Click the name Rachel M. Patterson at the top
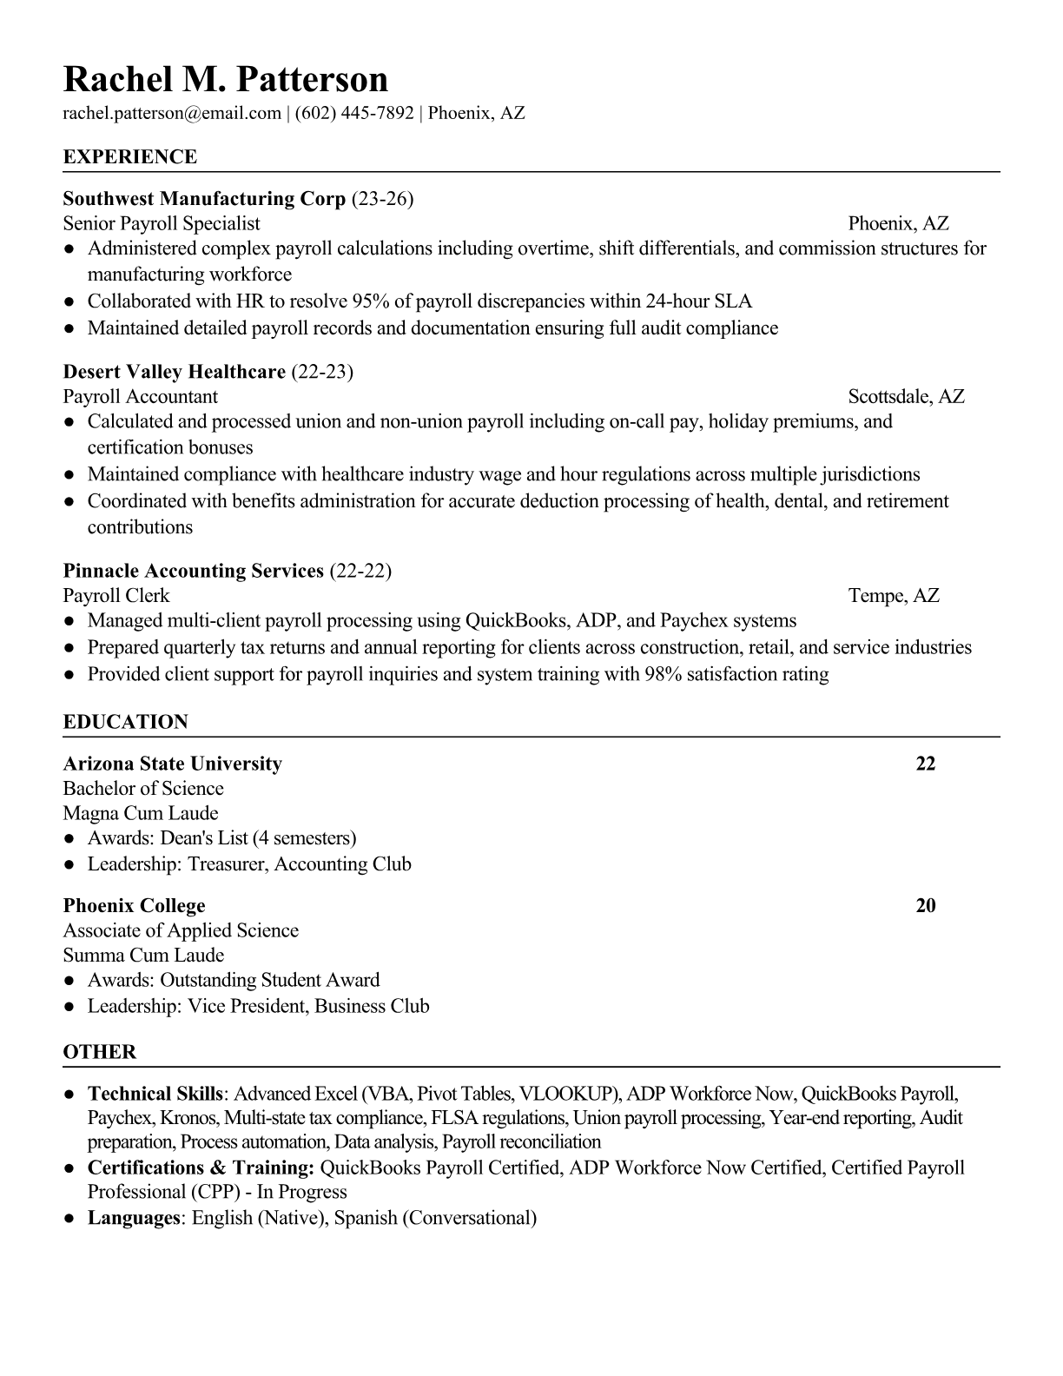[x=226, y=79]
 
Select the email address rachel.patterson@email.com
[x=172, y=113]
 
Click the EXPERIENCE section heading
[x=130, y=157]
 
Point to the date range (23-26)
[x=382, y=199]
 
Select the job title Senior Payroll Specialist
[x=162, y=224]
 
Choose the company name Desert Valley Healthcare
[x=175, y=372]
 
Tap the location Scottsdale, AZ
[x=906, y=397]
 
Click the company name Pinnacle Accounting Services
[x=194, y=571]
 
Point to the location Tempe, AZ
[x=894, y=596]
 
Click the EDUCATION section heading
[x=126, y=722]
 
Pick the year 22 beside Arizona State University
[x=926, y=764]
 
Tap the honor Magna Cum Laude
[x=141, y=814]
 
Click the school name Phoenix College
[x=135, y=905]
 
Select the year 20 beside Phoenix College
[x=926, y=905]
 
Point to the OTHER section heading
[x=100, y=1052]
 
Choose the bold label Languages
[x=133, y=1218]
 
